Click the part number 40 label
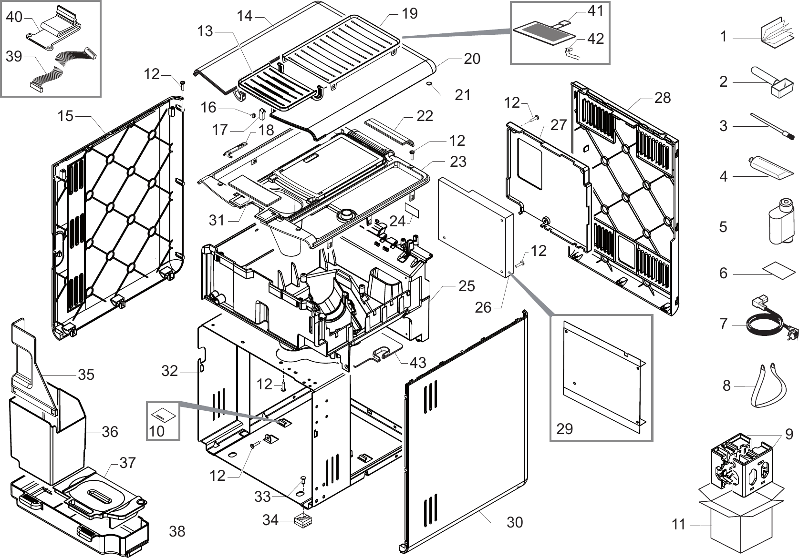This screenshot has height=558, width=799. click(14, 17)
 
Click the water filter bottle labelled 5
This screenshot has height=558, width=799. click(781, 223)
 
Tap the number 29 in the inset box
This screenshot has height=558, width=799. click(564, 428)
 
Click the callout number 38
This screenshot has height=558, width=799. click(177, 531)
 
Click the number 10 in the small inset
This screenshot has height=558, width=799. click(156, 431)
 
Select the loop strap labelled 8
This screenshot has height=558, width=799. click(768, 386)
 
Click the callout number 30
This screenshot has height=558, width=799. click(515, 522)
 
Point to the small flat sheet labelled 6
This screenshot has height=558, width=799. click(776, 268)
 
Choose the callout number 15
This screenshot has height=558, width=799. click(66, 116)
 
